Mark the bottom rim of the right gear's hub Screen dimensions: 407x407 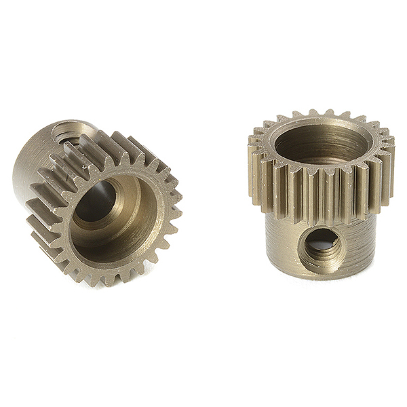[x=319, y=274]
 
